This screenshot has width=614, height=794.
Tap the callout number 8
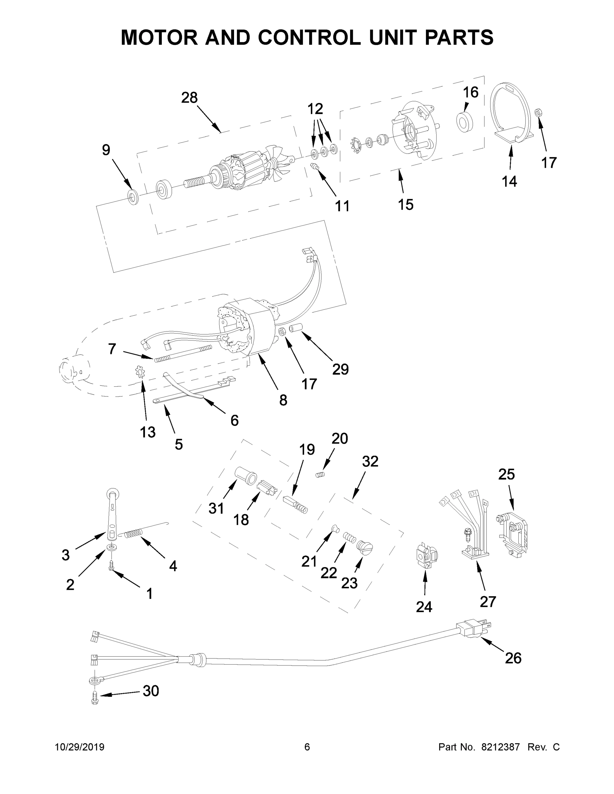(x=283, y=400)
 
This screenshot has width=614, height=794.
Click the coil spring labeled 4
(x=135, y=534)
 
